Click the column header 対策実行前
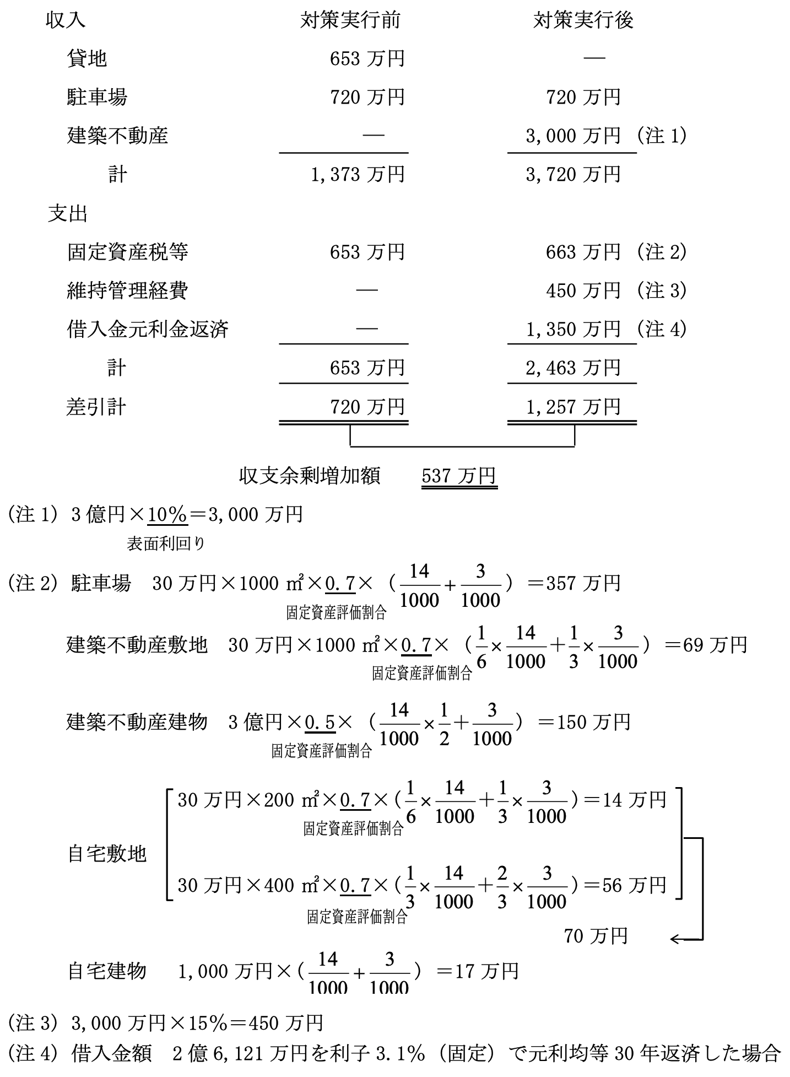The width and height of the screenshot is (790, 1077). [350, 20]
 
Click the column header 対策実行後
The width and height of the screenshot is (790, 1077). [583, 20]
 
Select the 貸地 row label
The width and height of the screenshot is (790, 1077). [86, 58]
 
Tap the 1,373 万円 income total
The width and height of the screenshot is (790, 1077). [358, 175]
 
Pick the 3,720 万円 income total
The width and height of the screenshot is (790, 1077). [573, 175]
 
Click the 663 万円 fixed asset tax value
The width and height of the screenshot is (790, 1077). [583, 252]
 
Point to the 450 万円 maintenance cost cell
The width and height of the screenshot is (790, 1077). [583, 290]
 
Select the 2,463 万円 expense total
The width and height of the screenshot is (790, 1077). [573, 368]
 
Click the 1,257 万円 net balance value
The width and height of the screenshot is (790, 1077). [573, 407]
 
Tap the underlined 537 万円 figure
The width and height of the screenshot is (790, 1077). [459, 476]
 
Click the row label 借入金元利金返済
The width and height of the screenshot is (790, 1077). [148, 329]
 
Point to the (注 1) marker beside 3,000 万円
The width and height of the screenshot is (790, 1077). [662, 136]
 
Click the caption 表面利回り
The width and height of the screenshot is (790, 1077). [166, 544]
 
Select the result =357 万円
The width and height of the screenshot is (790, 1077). [573, 583]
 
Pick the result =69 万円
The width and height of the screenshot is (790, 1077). [706, 644]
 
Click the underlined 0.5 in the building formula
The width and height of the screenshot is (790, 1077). [320, 722]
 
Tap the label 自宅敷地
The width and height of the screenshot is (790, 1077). [107, 854]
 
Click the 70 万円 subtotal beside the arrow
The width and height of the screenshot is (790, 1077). [596, 935]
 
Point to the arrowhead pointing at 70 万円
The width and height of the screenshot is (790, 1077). [674, 939]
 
